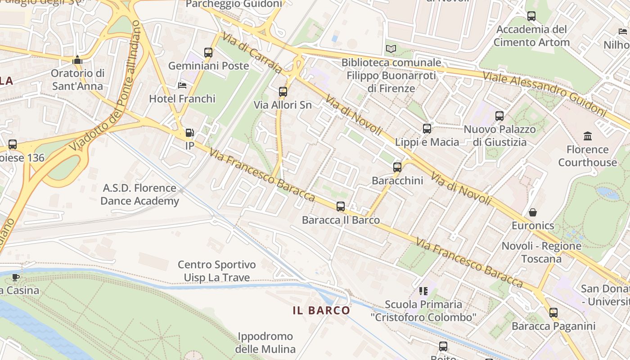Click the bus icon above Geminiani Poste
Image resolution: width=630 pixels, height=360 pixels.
(x=208, y=53)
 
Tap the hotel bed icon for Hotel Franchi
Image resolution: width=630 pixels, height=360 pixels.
(x=182, y=85)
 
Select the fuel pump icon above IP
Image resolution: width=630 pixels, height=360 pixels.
(x=190, y=133)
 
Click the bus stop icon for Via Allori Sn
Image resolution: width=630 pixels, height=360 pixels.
(x=283, y=92)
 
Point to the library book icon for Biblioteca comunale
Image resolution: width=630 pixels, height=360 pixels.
(x=391, y=49)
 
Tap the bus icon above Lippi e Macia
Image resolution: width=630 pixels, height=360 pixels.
(x=427, y=129)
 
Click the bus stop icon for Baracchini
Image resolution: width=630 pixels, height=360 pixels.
(x=397, y=167)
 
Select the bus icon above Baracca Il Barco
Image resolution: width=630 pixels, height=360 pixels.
(x=341, y=207)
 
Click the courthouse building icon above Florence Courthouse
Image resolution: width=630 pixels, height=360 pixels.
(x=587, y=136)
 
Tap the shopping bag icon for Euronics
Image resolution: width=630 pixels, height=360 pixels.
(x=533, y=212)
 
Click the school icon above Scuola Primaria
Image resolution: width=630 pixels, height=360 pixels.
(x=423, y=291)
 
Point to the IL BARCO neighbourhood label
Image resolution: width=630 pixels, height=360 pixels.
(x=321, y=310)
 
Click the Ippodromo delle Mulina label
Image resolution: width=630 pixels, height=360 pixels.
(x=265, y=342)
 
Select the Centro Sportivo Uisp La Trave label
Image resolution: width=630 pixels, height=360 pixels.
(x=216, y=271)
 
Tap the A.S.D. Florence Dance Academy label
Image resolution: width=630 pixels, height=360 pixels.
(x=139, y=194)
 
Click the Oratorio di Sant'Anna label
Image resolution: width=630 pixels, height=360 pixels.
(x=77, y=80)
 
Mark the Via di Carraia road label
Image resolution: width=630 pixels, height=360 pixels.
(x=252, y=53)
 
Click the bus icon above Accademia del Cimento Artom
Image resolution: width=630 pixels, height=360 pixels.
(x=531, y=17)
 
